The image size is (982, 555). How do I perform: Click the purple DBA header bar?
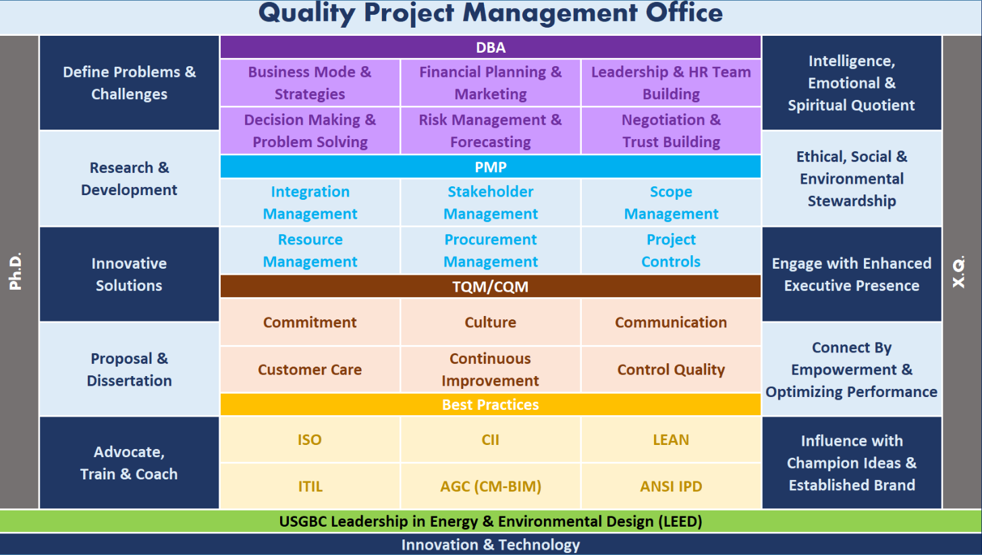tap(490, 47)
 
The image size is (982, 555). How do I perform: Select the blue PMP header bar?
tap(490, 167)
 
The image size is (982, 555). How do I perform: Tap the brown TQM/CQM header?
tap(490, 286)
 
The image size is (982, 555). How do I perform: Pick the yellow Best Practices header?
tap(490, 404)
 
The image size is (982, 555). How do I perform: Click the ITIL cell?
tap(310, 486)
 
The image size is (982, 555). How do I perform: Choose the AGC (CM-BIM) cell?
tap(491, 486)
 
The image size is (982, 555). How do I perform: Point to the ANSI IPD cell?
tap(671, 486)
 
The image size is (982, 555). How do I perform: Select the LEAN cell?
tap(671, 439)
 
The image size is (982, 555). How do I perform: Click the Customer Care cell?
tap(310, 369)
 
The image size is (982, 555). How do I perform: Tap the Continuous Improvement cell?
tap(491, 369)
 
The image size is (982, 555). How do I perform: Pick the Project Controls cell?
tap(671, 250)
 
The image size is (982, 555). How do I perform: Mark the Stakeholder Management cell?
tap(491, 203)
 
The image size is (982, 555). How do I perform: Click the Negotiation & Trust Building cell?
tap(671, 131)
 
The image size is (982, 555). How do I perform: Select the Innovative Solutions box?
tap(130, 274)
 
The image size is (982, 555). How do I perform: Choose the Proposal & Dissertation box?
tap(130, 369)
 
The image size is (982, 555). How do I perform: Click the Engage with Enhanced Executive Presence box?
tap(852, 274)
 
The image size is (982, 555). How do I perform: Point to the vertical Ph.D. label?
tap(16, 271)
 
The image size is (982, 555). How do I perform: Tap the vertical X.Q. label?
tap(959, 272)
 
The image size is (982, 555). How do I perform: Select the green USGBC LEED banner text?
tap(491, 521)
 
